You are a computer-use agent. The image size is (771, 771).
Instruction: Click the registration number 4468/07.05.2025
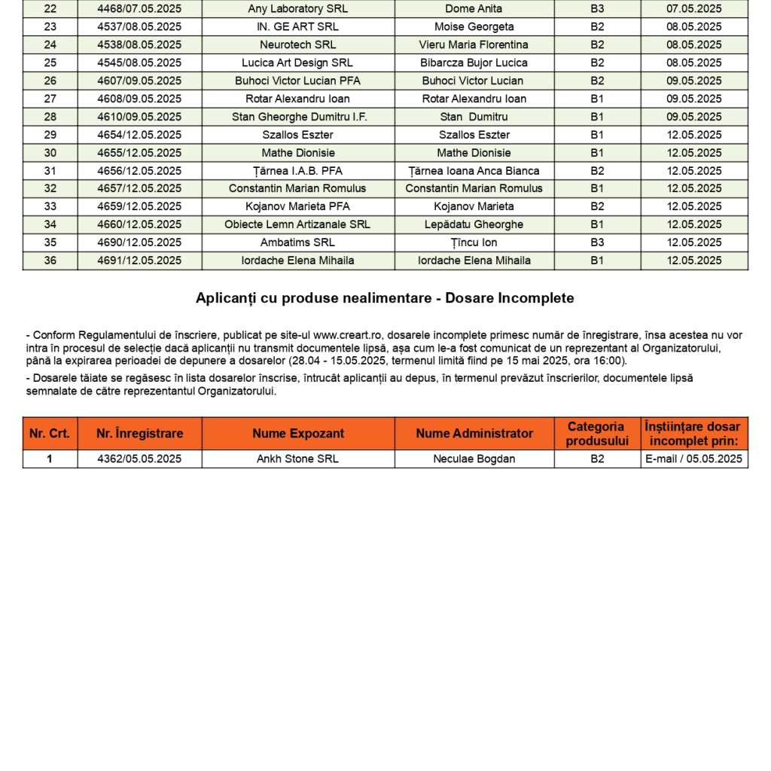[139, 9]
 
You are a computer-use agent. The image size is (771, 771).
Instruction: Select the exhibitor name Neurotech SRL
[298, 44]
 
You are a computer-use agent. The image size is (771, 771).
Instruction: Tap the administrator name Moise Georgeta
[474, 27]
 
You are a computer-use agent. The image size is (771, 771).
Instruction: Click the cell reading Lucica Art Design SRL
[297, 62]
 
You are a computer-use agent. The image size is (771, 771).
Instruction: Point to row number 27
[50, 99]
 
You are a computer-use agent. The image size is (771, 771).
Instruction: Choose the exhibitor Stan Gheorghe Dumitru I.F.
[298, 117]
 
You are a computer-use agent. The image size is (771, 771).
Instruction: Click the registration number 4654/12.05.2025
[139, 135]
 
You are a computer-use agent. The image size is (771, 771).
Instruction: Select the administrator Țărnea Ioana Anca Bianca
[474, 171]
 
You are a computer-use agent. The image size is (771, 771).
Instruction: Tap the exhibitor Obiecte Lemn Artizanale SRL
[297, 224]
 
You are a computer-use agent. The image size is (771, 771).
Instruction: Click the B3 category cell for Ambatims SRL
[597, 242]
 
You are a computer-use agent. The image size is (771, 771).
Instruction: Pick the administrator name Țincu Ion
[474, 242]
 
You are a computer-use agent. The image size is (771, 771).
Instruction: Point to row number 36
[50, 261]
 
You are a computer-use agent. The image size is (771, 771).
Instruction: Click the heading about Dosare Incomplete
[385, 298]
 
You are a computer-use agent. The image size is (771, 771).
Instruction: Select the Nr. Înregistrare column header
[139, 434]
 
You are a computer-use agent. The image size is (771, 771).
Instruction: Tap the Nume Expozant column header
[298, 434]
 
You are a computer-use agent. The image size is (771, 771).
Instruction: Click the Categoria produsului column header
[597, 434]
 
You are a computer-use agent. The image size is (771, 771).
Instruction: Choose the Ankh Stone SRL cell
[298, 459]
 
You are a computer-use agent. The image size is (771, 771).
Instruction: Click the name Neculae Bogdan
[474, 459]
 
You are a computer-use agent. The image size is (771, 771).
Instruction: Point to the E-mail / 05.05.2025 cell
[694, 459]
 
